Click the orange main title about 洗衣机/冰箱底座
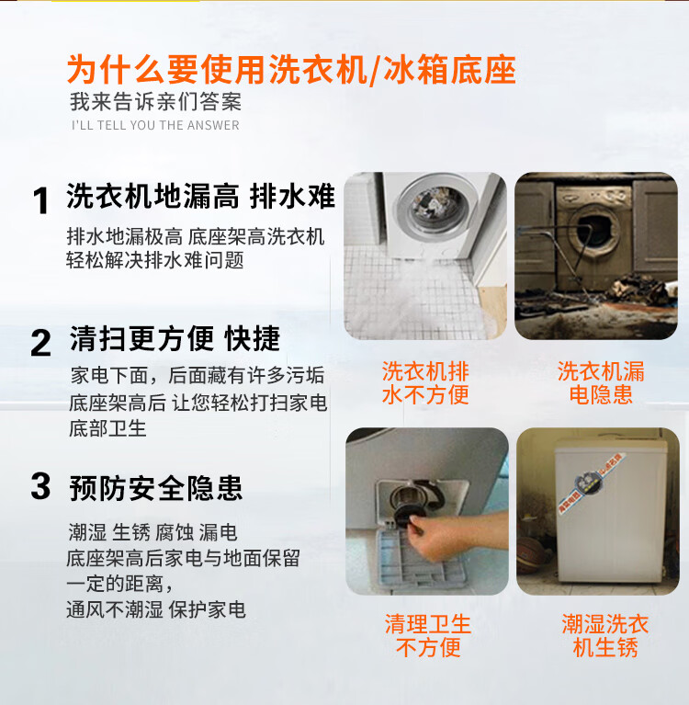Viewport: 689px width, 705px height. pos(291,70)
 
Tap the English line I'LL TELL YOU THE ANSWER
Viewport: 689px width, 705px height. pos(155,125)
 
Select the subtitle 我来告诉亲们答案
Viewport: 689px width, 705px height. pos(155,102)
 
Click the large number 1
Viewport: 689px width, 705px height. pos(41,200)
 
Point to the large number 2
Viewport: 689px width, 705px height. pos(41,343)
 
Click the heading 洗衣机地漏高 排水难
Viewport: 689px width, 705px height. pos(200,196)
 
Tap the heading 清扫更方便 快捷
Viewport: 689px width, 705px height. pos(175,338)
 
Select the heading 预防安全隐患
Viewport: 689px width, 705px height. pos(155,488)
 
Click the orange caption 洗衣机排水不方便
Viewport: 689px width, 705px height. pos(425,382)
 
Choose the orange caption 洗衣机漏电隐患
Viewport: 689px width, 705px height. pos(601,382)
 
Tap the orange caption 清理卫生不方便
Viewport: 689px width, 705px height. pos(428,636)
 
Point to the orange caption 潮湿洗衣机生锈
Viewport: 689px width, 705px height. pos(605,636)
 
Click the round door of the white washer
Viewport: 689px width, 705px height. pos(433,210)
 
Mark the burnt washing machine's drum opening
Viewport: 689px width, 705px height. pos(594,229)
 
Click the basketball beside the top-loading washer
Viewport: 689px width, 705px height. pos(532,555)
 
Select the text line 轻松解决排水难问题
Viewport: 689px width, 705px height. pos(155,260)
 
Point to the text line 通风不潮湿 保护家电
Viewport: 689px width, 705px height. pos(156,609)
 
